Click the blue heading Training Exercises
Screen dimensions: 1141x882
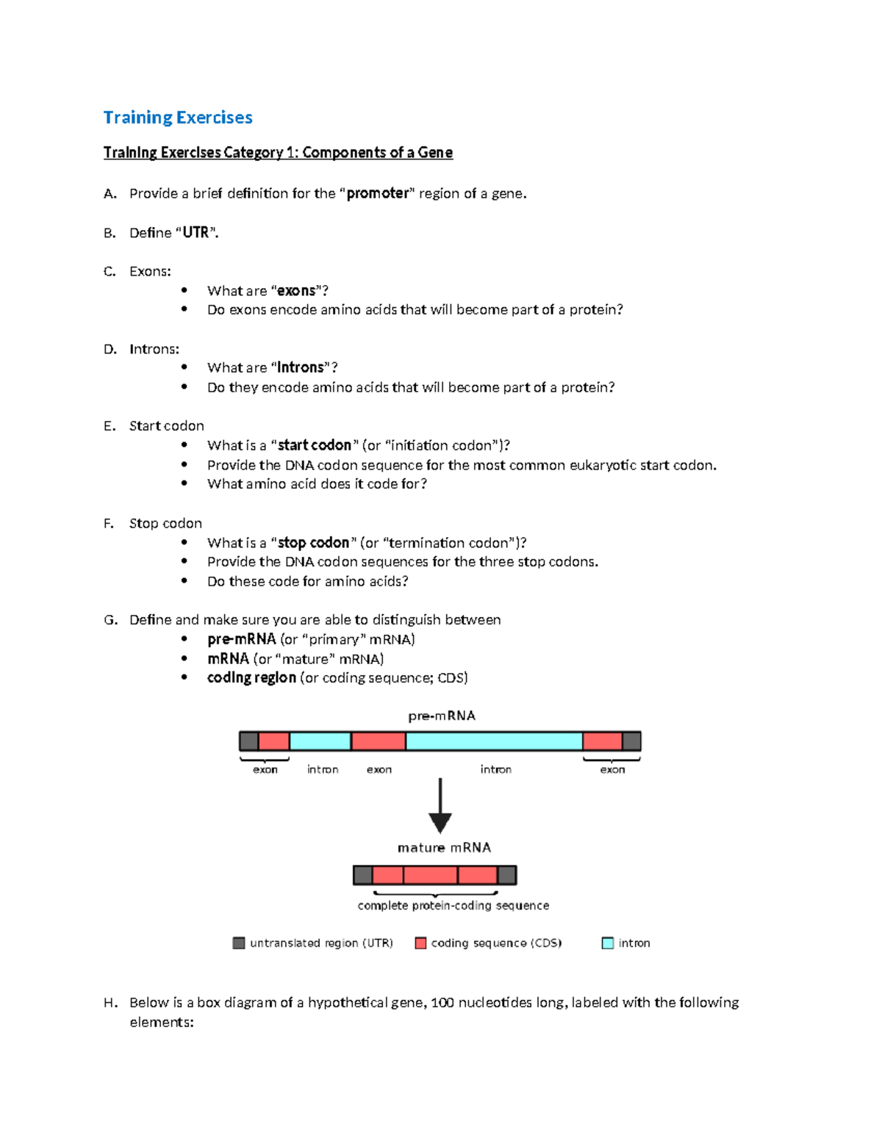point(178,118)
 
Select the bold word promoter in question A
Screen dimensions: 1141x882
point(378,193)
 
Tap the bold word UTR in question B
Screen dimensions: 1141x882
point(196,233)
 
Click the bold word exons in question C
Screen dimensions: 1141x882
point(296,291)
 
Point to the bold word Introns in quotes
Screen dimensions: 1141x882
point(300,367)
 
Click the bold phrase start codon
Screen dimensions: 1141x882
point(315,445)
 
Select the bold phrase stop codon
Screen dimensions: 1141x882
point(313,543)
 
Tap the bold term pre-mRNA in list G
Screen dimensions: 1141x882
point(241,639)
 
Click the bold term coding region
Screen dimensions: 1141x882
point(251,677)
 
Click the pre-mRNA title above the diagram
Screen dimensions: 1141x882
point(442,716)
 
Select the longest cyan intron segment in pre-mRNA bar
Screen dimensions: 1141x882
point(494,741)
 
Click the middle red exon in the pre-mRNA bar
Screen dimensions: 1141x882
point(379,741)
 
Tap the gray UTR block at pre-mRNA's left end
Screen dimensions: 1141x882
point(249,741)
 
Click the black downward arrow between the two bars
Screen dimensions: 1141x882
point(440,807)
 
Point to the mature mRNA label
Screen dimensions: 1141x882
point(444,848)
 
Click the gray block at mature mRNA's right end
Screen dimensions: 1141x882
point(507,875)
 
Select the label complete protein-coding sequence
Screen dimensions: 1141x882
point(453,906)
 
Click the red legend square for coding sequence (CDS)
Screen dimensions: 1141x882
point(421,943)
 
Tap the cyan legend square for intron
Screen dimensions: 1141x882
point(608,943)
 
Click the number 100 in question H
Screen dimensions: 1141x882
point(442,1003)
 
